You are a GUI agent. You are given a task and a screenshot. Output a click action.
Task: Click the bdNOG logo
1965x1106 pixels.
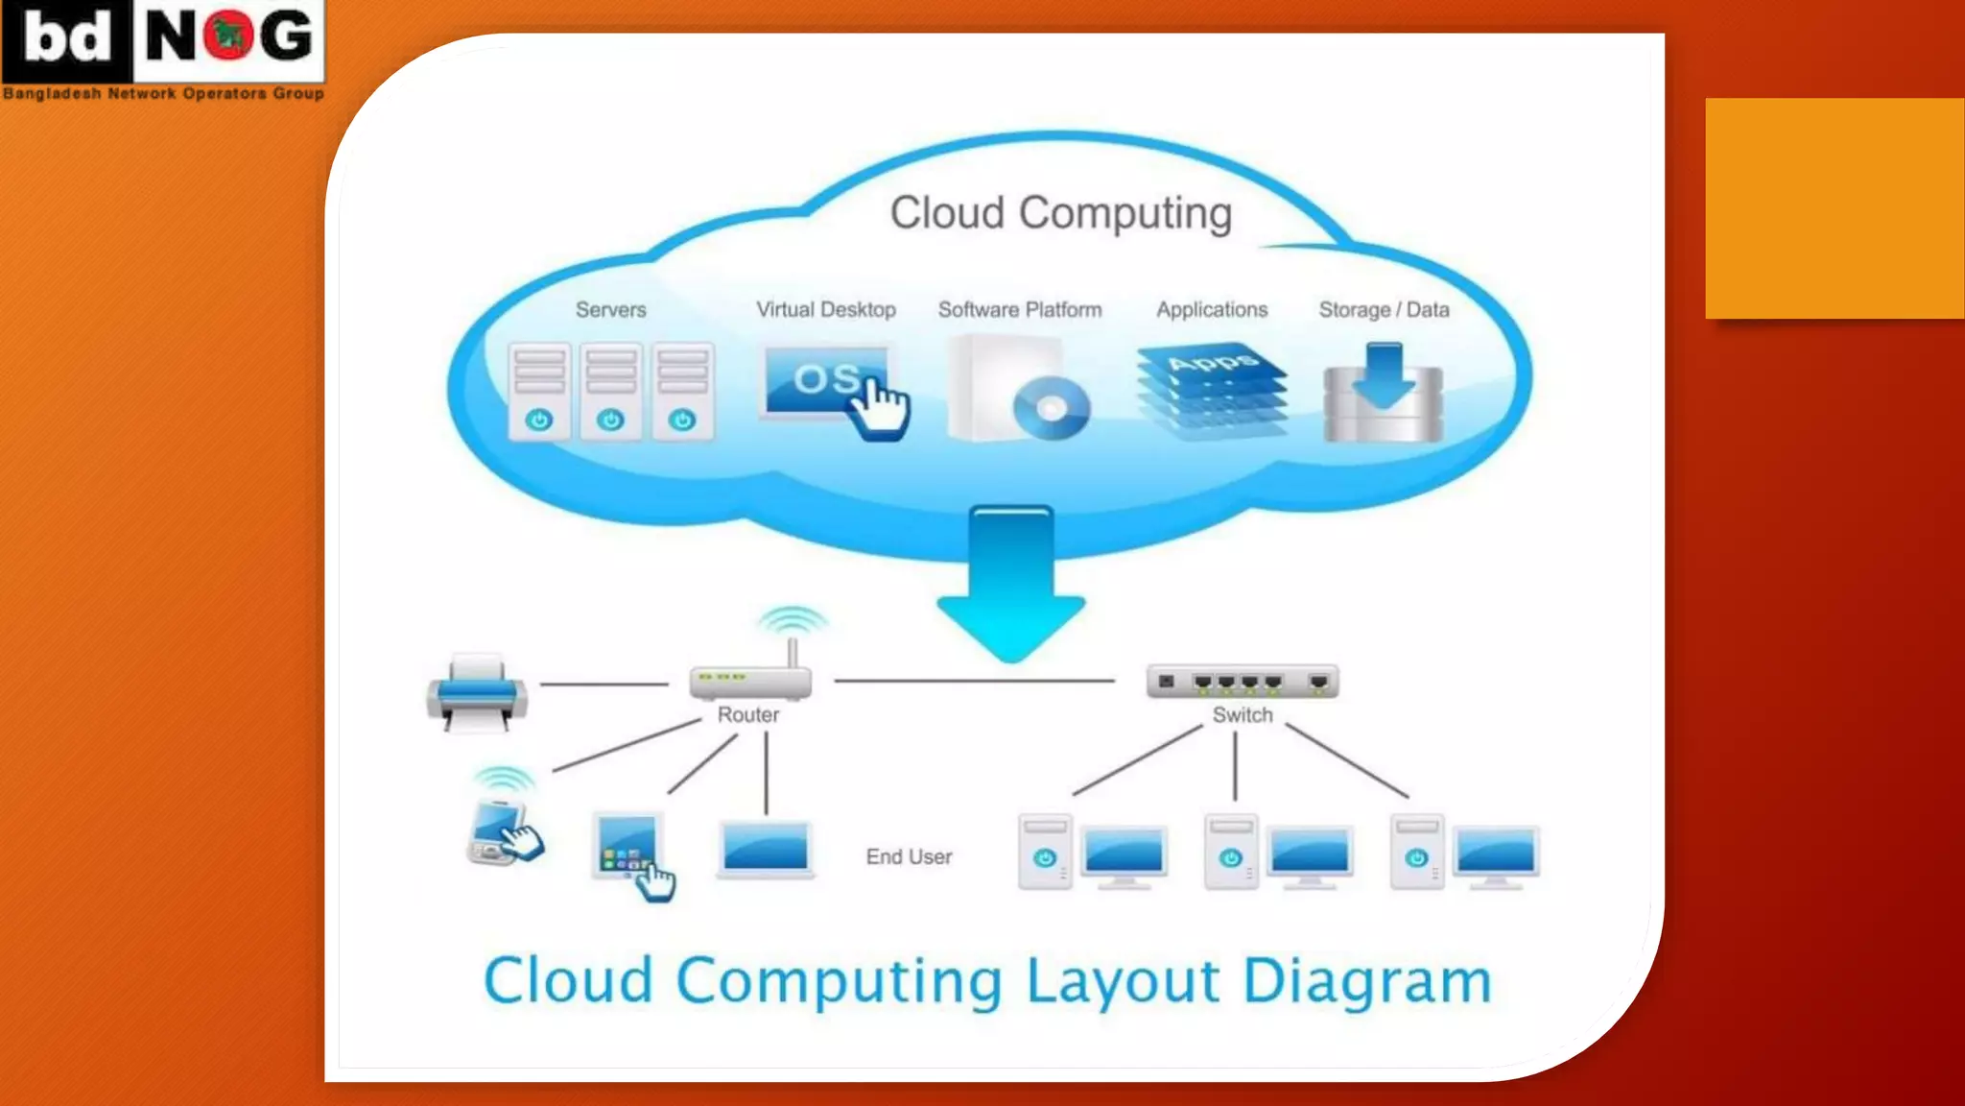coord(163,48)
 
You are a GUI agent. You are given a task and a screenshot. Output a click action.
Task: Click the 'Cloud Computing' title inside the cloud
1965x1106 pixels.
coord(1060,213)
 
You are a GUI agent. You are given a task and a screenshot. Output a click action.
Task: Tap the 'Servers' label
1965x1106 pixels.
coord(610,310)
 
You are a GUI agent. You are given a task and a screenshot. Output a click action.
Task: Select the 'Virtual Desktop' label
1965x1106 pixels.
coord(825,310)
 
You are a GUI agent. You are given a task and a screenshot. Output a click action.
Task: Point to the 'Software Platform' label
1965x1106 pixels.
coord(1019,310)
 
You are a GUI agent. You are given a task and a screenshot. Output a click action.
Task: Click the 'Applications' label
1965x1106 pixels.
coord(1211,310)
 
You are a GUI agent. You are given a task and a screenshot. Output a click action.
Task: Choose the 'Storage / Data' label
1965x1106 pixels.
coord(1383,310)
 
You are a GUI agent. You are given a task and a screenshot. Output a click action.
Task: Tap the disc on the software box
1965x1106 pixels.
coord(1051,409)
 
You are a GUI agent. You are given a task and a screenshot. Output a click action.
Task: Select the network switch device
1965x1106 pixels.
coord(1243,682)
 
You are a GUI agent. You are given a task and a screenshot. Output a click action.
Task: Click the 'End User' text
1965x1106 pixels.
coord(909,856)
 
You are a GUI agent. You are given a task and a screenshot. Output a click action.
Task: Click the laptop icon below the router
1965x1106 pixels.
coord(766,851)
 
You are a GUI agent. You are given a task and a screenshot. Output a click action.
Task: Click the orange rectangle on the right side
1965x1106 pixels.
coord(1835,208)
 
